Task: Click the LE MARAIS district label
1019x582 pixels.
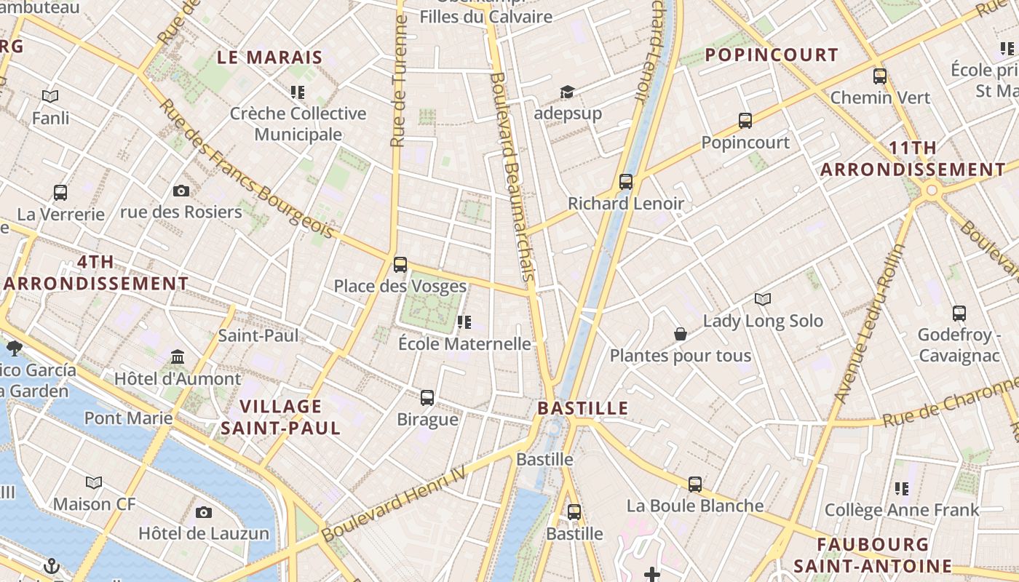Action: click(269, 57)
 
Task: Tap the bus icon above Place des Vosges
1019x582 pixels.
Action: click(400, 265)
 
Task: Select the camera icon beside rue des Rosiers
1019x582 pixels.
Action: click(181, 191)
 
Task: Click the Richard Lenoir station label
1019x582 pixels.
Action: click(626, 203)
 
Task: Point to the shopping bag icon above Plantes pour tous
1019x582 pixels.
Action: click(681, 334)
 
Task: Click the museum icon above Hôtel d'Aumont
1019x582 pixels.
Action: click(178, 357)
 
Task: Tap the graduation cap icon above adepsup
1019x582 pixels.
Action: click(567, 92)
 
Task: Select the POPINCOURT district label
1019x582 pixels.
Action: click(772, 55)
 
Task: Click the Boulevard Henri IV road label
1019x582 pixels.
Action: click(403, 503)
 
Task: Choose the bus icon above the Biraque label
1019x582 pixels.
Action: click(427, 398)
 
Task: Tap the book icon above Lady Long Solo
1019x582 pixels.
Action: click(762, 299)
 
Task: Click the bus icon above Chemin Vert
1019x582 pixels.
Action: click(880, 76)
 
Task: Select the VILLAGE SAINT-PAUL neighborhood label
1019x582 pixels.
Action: click(281, 417)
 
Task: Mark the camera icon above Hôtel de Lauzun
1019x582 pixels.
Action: click(204, 512)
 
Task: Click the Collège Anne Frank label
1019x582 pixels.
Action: click(902, 510)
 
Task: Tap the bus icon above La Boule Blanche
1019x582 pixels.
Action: click(695, 484)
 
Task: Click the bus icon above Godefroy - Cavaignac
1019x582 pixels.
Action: click(959, 314)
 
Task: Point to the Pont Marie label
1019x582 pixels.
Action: click(129, 418)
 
